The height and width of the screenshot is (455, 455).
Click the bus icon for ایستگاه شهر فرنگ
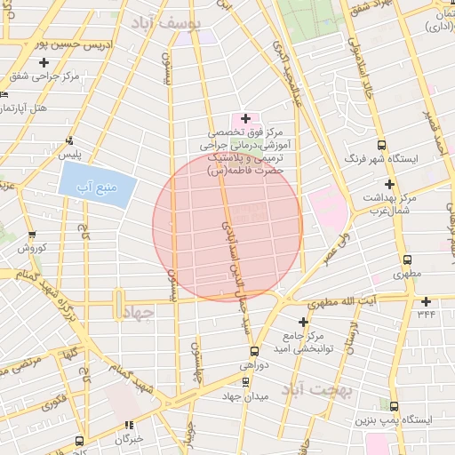click(381, 146)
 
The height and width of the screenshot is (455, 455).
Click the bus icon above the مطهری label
click(408, 260)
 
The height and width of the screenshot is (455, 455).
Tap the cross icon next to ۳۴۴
click(427, 301)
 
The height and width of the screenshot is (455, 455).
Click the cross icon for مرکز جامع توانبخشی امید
click(304, 321)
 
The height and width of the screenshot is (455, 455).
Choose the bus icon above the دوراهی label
click(254, 351)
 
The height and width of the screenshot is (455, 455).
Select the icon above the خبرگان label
click(130, 425)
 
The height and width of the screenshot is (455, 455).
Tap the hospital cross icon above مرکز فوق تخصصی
click(245, 118)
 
